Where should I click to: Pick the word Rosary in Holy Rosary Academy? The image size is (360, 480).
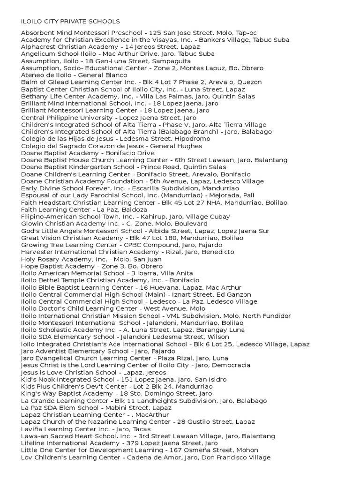click(49, 259)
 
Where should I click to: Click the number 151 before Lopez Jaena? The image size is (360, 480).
click(127, 379)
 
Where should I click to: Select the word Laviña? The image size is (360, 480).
click(33, 429)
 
